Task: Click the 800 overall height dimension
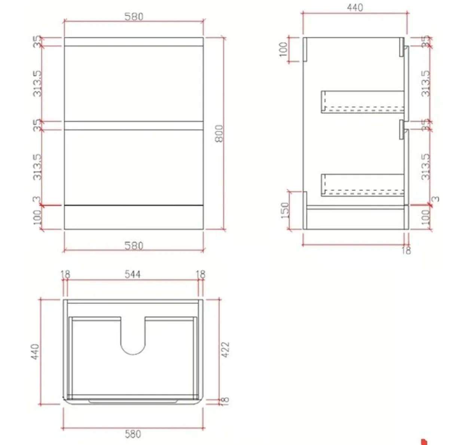coord(220,133)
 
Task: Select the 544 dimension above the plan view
coord(133,274)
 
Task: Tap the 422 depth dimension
coord(225,349)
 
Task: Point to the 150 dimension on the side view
coord(285,211)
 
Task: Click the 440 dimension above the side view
coord(354,7)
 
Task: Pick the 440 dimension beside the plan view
coord(34,351)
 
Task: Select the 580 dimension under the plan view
coord(133,434)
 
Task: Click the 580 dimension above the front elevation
coord(134,16)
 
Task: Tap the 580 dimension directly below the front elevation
coord(134,246)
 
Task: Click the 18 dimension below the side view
coord(406,250)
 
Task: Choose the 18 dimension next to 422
coord(224,400)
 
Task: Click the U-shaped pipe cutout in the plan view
coord(133,337)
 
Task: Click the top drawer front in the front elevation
coord(134,83)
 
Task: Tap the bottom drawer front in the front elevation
coord(134,167)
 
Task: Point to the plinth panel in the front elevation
coord(134,217)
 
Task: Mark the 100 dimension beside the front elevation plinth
coord(37,217)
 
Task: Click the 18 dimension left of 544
coord(65,274)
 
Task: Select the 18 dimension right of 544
coord(201,274)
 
